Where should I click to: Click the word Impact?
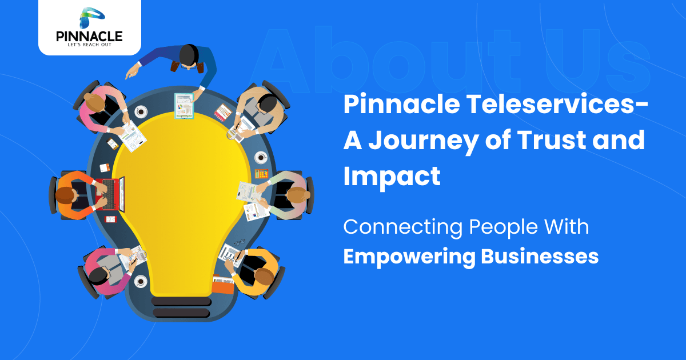click(392, 175)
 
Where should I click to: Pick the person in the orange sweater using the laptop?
click(74, 194)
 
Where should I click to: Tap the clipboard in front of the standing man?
click(185, 106)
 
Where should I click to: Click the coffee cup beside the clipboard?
click(141, 111)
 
